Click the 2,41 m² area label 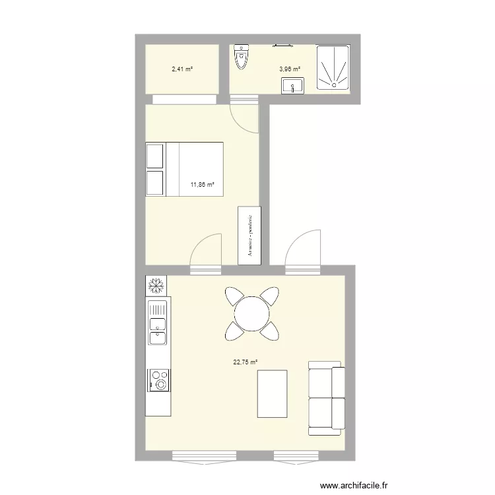(181, 69)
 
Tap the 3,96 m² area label (289, 69)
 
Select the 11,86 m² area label (203, 185)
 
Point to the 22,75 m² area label (245, 362)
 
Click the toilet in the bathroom (242, 59)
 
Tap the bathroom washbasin (292, 86)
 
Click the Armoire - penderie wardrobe (249, 236)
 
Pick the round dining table (251, 313)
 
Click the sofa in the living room (326, 399)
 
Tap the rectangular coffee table (271, 394)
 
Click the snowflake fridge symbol (157, 286)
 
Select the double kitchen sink (157, 323)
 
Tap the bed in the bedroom (185, 169)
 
